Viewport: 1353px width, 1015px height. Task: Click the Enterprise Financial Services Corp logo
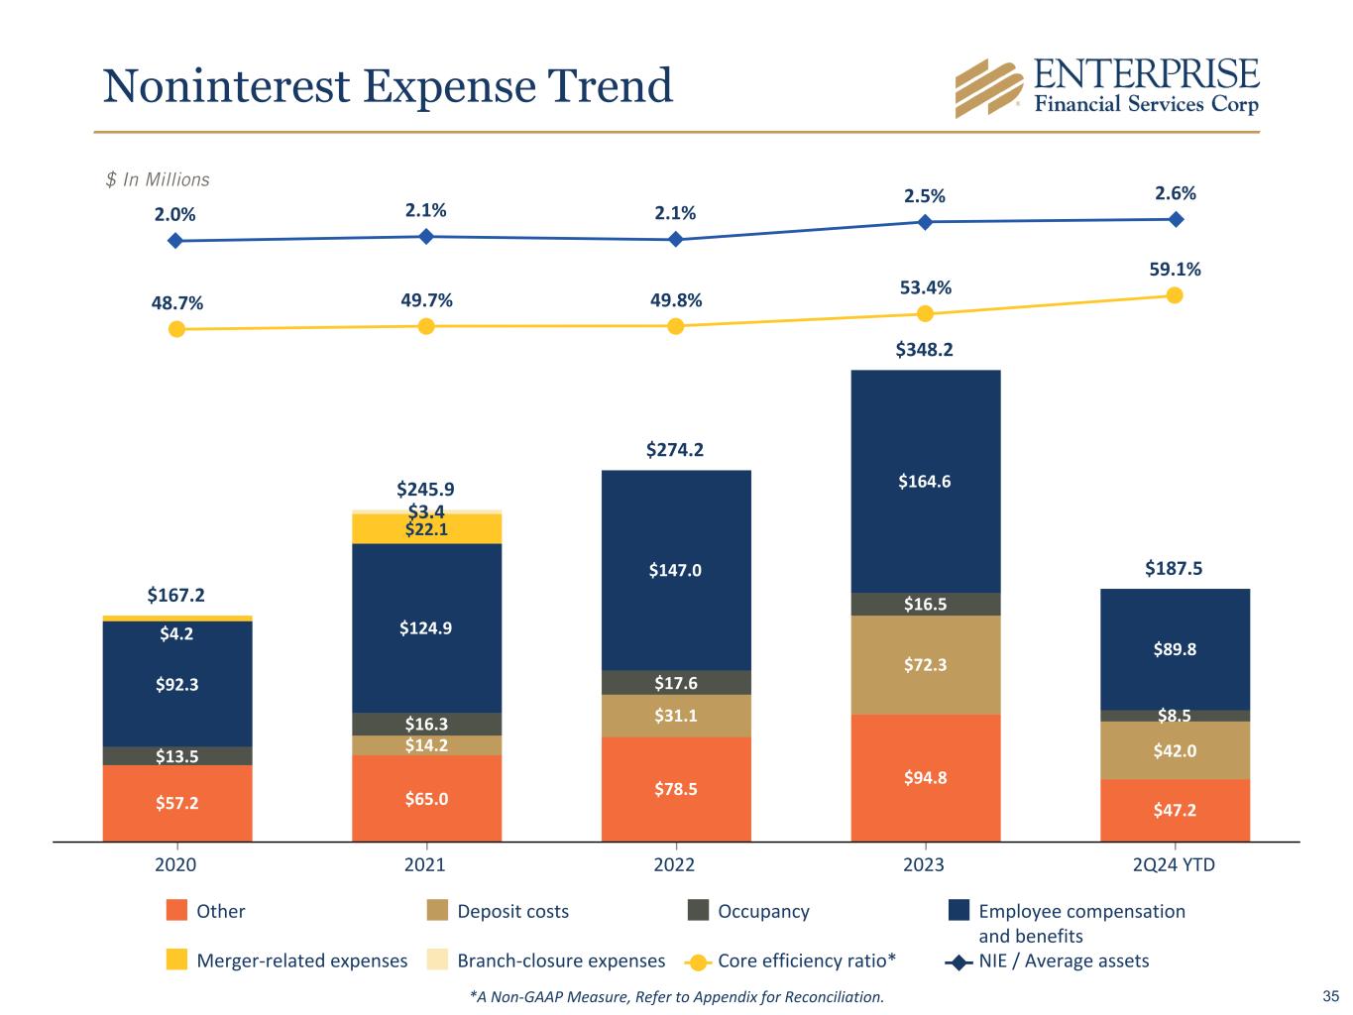(1105, 87)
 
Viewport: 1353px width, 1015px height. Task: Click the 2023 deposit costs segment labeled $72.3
(925, 665)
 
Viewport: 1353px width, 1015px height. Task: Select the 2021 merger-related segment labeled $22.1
(426, 529)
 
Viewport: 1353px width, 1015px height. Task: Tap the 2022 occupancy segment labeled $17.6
(676, 683)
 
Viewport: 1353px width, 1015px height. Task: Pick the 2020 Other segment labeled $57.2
(177, 803)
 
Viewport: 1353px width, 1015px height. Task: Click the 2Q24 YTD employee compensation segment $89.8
(1175, 649)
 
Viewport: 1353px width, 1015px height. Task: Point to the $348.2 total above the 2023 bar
(924, 350)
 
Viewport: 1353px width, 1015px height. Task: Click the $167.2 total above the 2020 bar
(176, 595)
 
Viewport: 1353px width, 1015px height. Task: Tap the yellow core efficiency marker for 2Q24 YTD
(1175, 295)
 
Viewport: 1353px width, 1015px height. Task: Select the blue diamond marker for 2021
(426, 236)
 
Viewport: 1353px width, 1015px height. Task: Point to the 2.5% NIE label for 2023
(924, 196)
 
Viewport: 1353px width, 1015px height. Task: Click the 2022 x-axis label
(675, 864)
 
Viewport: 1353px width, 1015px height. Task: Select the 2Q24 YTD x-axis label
(1174, 864)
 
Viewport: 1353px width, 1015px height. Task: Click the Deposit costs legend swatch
(437, 910)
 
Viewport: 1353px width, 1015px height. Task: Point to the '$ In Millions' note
(158, 179)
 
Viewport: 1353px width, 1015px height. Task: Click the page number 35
(1330, 996)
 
